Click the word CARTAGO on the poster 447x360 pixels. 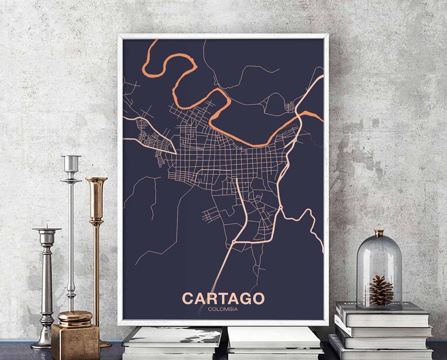(x=223, y=298)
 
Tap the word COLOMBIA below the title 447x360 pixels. (x=223, y=309)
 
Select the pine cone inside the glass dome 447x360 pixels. (x=381, y=290)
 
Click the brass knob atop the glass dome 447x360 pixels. (x=379, y=233)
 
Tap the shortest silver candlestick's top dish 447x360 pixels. (x=47, y=229)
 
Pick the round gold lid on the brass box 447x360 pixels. (x=75, y=316)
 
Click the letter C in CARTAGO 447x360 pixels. (x=188, y=298)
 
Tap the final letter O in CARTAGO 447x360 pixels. (x=258, y=298)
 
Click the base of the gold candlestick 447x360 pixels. (x=104, y=344)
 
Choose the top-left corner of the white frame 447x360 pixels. (x=119, y=35)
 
